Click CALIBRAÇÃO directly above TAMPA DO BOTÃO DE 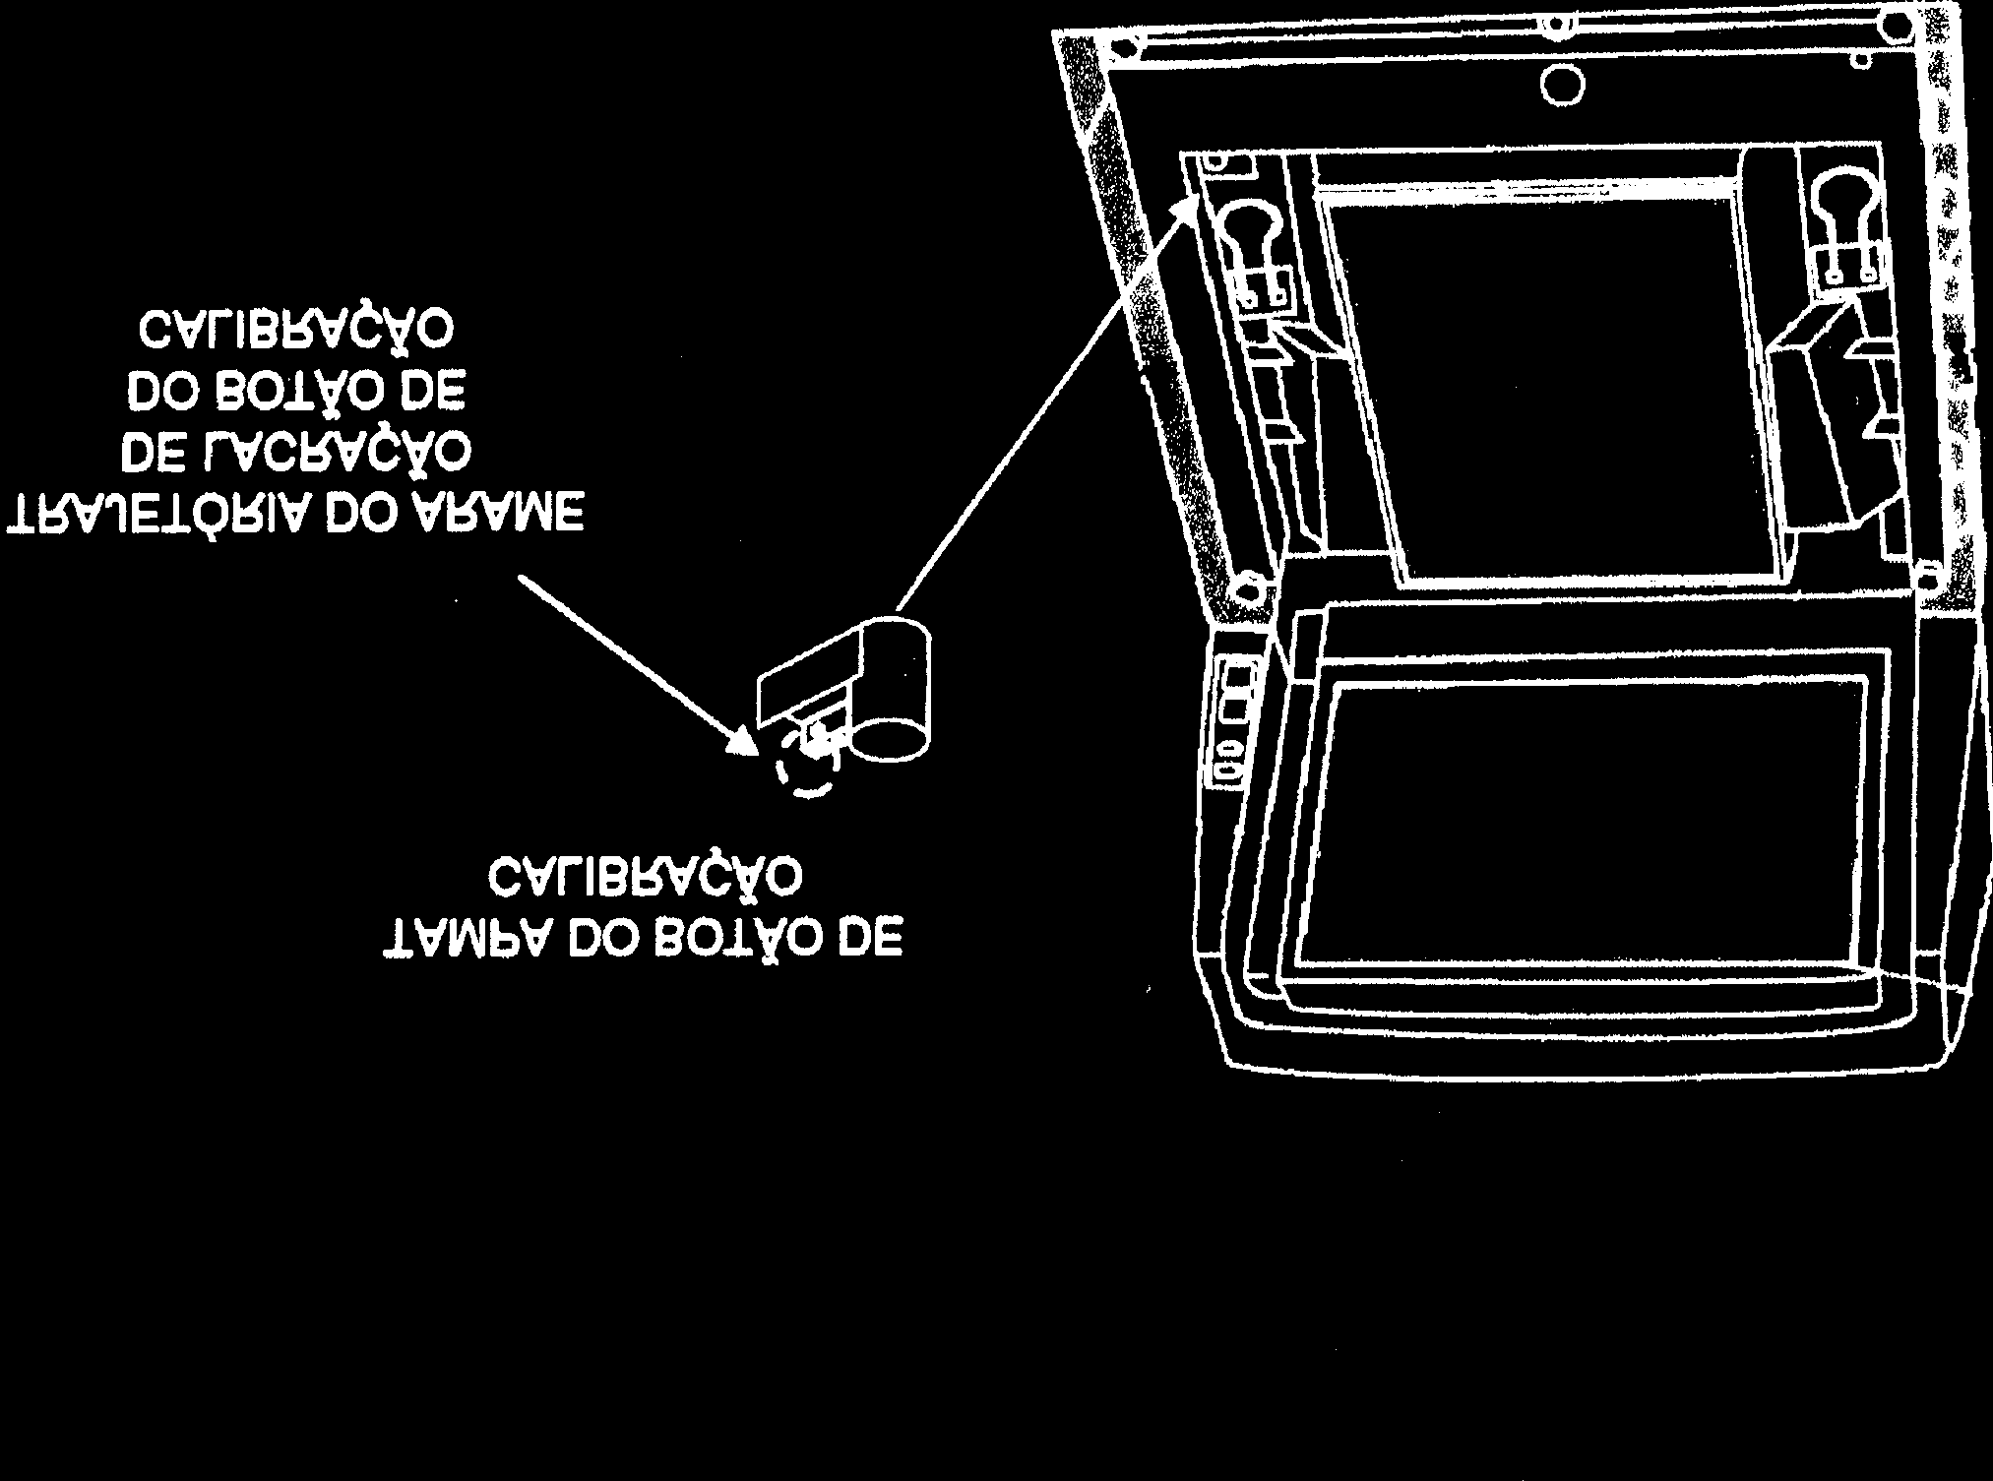click(644, 876)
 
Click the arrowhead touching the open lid click(1187, 205)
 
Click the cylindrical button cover click(891, 689)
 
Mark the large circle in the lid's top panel click(1562, 87)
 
